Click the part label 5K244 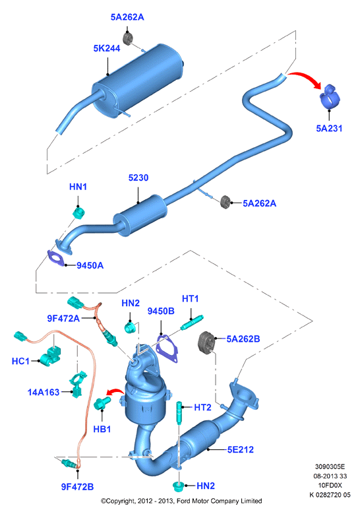pyautogui.click(x=107, y=49)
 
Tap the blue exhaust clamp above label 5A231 pyautogui.click(x=330, y=97)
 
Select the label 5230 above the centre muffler pyautogui.click(x=138, y=177)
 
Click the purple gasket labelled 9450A pyautogui.click(x=55, y=257)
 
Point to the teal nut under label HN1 pyautogui.click(x=78, y=212)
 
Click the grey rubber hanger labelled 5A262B pyautogui.click(x=207, y=342)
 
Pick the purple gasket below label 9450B pyautogui.click(x=167, y=348)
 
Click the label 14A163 pyautogui.click(x=44, y=392)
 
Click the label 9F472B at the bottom pyautogui.click(x=77, y=487)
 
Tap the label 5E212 pyautogui.click(x=241, y=449)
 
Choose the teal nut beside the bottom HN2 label pyautogui.click(x=178, y=486)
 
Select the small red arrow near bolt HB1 pyautogui.click(x=114, y=391)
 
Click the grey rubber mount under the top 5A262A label pyautogui.click(x=127, y=39)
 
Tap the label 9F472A pyautogui.click(x=63, y=318)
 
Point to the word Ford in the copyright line pyautogui.click(x=185, y=501)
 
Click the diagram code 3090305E pyautogui.click(x=330, y=466)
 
